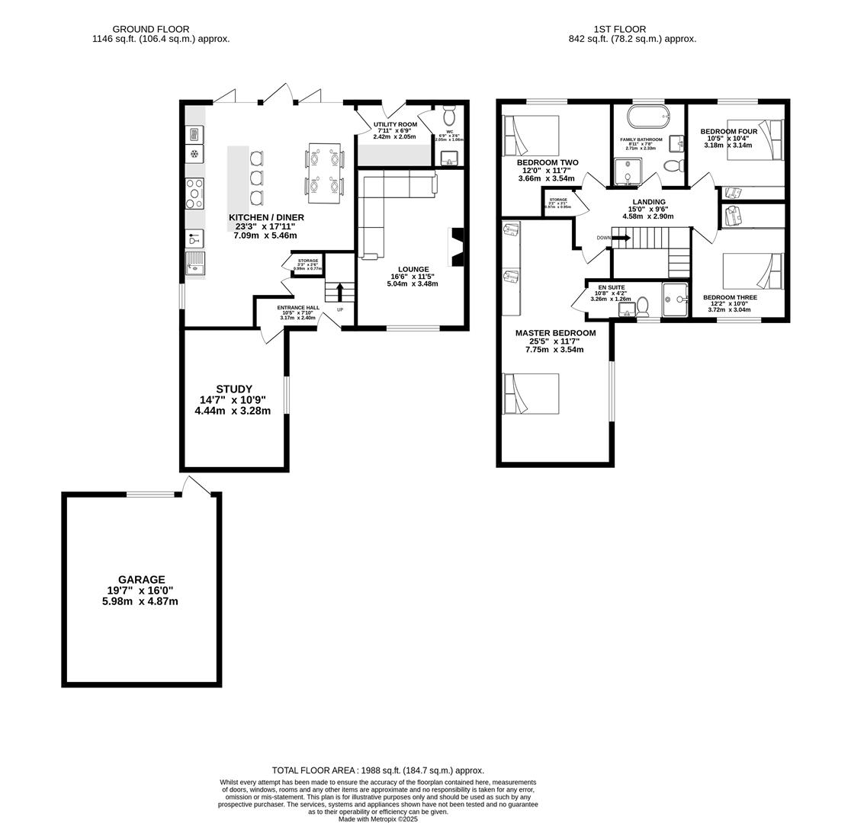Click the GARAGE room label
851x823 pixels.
coord(141,580)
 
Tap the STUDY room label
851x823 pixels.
coord(233,389)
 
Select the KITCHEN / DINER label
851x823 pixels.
coord(266,217)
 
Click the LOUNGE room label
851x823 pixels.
coord(413,269)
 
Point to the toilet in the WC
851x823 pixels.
coord(449,117)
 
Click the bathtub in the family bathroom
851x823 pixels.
coord(648,117)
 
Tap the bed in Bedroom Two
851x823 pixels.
coord(531,136)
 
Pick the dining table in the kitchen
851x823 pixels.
coord(324,173)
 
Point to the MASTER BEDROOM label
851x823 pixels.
coord(555,333)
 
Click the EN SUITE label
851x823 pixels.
coord(611,288)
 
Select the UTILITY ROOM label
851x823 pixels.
coord(395,124)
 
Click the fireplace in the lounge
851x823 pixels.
coord(456,247)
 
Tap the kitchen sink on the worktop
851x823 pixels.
coord(195,264)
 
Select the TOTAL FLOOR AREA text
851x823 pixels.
coord(377,770)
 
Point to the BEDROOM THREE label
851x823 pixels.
coord(730,297)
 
